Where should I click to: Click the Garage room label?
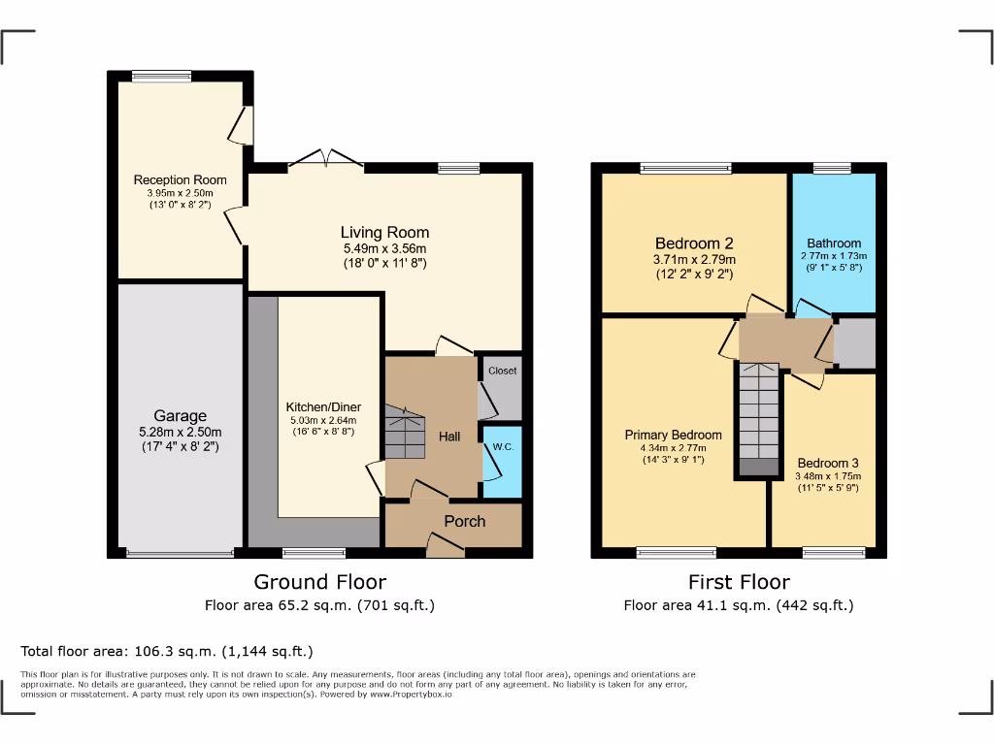pos(180,416)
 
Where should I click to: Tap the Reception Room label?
pos(180,179)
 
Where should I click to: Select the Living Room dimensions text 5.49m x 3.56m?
pos(384,248)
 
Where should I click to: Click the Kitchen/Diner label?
pos(319,406)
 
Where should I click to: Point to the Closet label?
pos(503,371)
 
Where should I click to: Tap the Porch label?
pos(464,522)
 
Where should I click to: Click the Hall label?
pos(449,437)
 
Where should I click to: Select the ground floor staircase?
pos(405,433)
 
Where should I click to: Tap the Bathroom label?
pos(834,243)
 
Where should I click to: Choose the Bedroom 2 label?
pos(693,243)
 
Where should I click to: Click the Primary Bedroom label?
pos(673,435)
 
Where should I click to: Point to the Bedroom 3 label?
pos(827,464)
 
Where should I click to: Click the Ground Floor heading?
pos(319,582)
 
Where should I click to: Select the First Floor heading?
pos(738,582)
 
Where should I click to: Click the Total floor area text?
pos(167,651)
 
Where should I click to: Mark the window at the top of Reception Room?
pos(162,76)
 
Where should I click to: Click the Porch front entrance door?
pos(445,549)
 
